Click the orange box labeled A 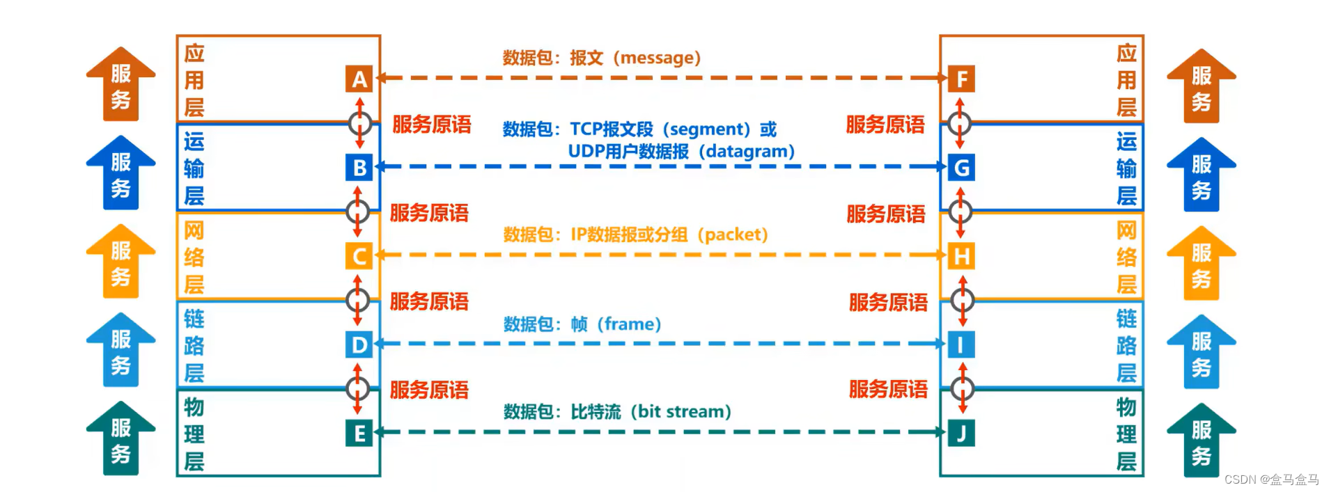[x=359, y=79]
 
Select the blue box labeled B [x=359, y=168]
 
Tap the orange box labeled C [x=359, y=256]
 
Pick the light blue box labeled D [x=359, y=344]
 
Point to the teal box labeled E [x=359, y=433]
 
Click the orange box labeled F [x=961, y=79]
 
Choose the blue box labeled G [x=961, y=168]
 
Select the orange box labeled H [x=961, y=256]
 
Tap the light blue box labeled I [x=961, y=344]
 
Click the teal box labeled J [x=961, y=433]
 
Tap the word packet [x=736, y=235]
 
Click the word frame [x=629, y=324]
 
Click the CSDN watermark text [x=1271, y=479]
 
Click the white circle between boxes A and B [x=359, y=124]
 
